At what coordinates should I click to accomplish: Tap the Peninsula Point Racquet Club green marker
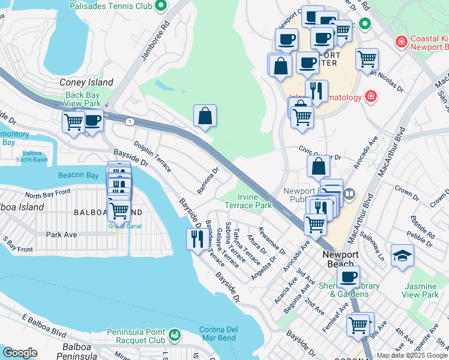[x=175, y=334]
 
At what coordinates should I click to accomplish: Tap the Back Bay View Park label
[x=83, y=99]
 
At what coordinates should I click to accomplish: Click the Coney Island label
[x=86, y=82]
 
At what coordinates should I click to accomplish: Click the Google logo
[x=20, y=352]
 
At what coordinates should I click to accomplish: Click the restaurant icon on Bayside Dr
[x=197, y=239]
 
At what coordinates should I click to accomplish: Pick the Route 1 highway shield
[x=130, y=122]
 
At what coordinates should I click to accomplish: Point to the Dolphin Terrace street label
[x=152, y=157]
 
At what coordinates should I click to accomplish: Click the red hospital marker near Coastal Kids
[x=400, y=42]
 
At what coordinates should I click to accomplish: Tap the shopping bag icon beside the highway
[x=205, y=116]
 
